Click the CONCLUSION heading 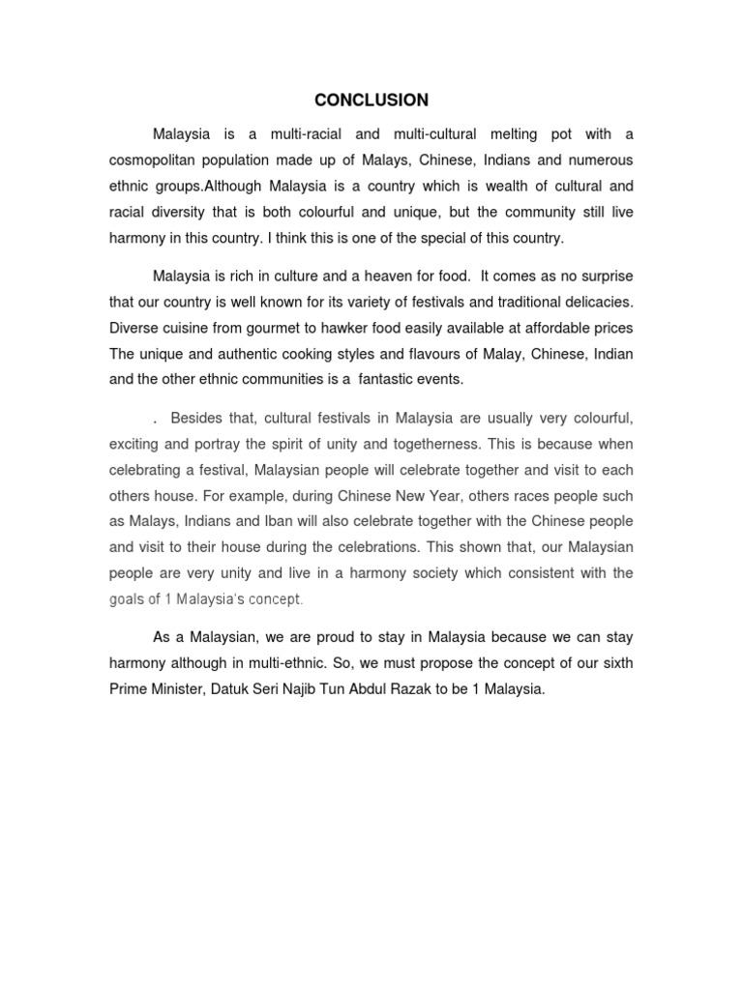pyautogui.click(x=371, y=100)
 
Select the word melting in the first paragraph pyautogui.click(x=513, y=132)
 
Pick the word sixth pyautogui.click(x=613, y=664)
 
